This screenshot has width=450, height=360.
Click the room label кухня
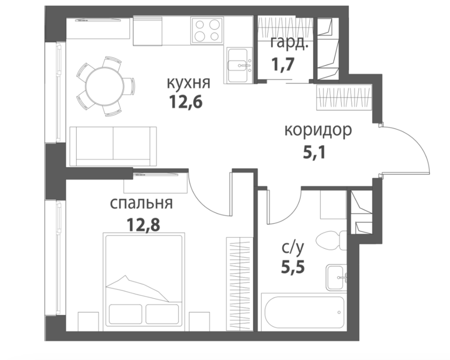click(189, 83)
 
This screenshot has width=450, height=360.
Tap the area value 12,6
click(186, 102)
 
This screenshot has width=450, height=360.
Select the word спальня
click(141, 204)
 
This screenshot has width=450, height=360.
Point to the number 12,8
click(143, 225)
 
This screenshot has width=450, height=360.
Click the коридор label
click(318, 131)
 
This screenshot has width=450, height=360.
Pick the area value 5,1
click(315, 153)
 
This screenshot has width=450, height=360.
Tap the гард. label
click(288, 44)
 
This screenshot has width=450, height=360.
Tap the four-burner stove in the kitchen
click(207, 30)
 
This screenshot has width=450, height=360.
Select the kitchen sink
click(240, 65)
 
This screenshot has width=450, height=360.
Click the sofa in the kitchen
click(113, 146)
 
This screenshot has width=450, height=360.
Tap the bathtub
click(303, 312)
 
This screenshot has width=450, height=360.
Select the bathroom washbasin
click(336, 277)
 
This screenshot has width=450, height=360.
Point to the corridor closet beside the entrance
click(345, 97)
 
